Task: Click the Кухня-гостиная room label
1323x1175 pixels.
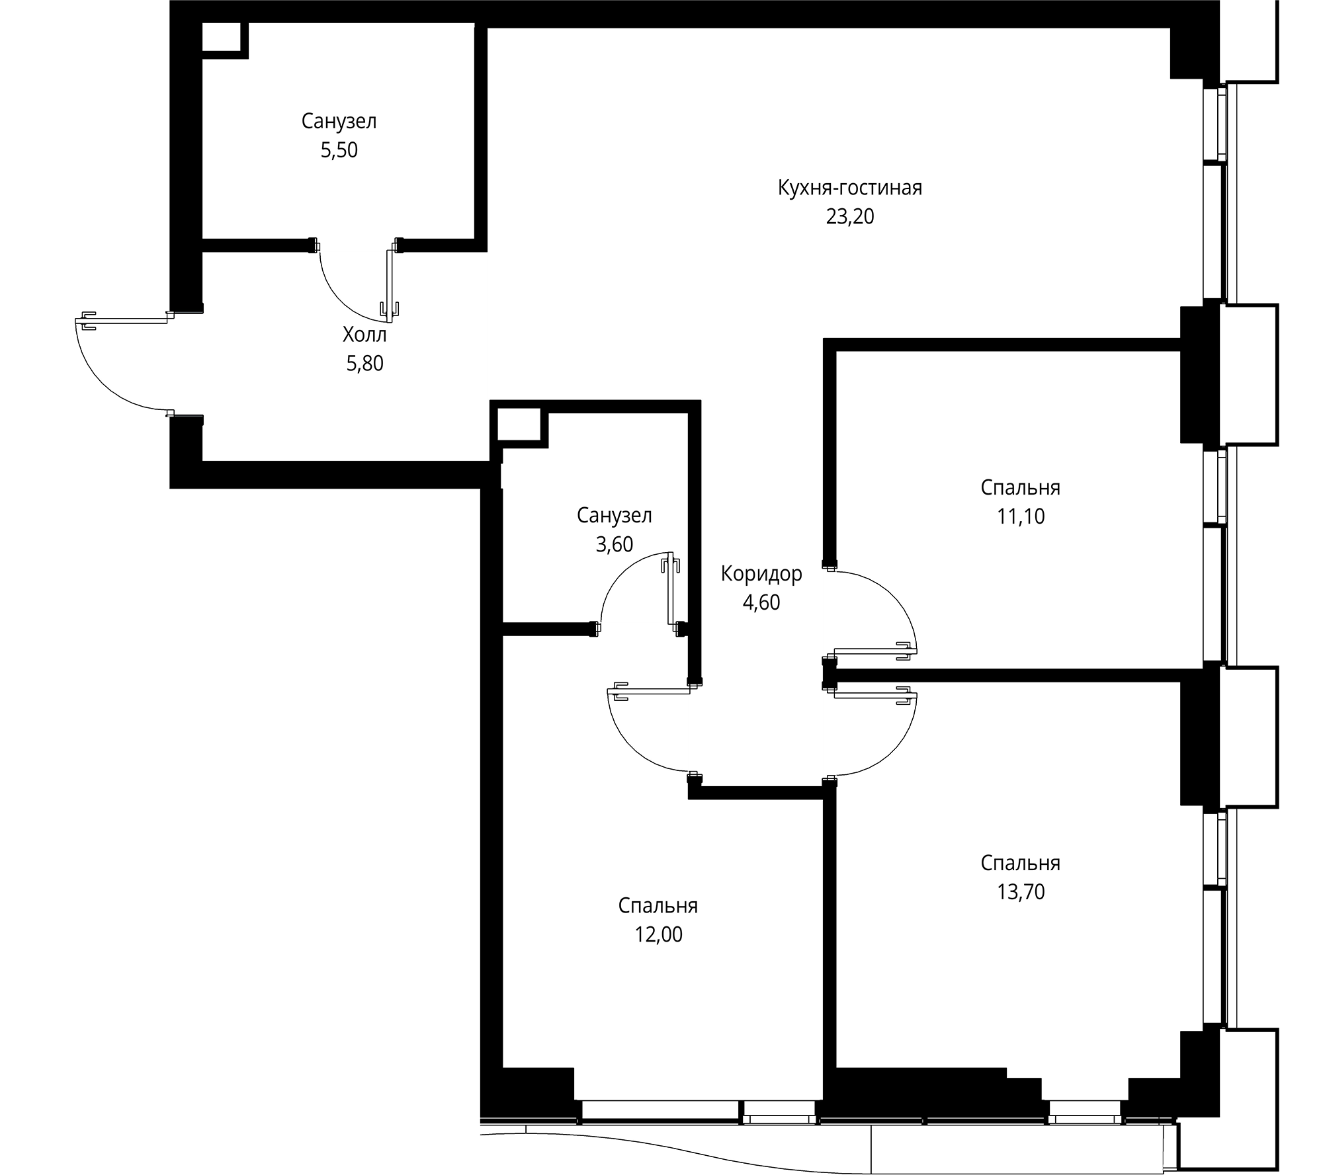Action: point(849,188)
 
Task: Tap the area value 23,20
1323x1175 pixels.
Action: point(849,217)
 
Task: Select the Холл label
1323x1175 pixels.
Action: point(364,335)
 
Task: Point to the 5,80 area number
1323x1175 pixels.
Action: point(364,364)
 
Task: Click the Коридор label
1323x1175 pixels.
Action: point(761,574)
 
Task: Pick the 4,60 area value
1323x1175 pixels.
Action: point(761,602)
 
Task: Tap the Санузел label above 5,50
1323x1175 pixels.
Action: point(339,122)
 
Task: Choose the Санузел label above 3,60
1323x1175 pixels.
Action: point(614,516)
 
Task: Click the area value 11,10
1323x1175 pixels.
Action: point(1020,516)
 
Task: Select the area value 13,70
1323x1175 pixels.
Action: point(1020,892)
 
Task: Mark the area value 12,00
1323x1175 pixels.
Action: point(658,934)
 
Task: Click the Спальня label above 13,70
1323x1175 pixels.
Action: point(1020,863)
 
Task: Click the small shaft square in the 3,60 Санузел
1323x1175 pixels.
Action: point(519,423)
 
